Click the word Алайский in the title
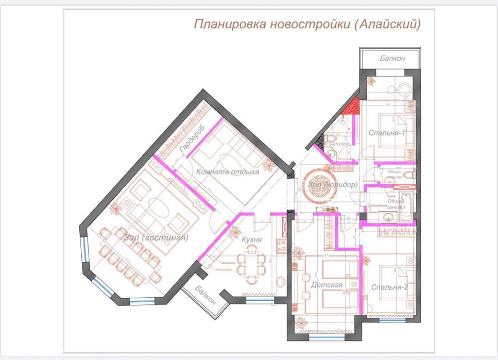point(388,24)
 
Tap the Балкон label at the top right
point(392,59)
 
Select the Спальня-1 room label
point(386,133)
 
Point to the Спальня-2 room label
point(389,287)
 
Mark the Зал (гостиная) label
point(156,238)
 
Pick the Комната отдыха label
point(227,172)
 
